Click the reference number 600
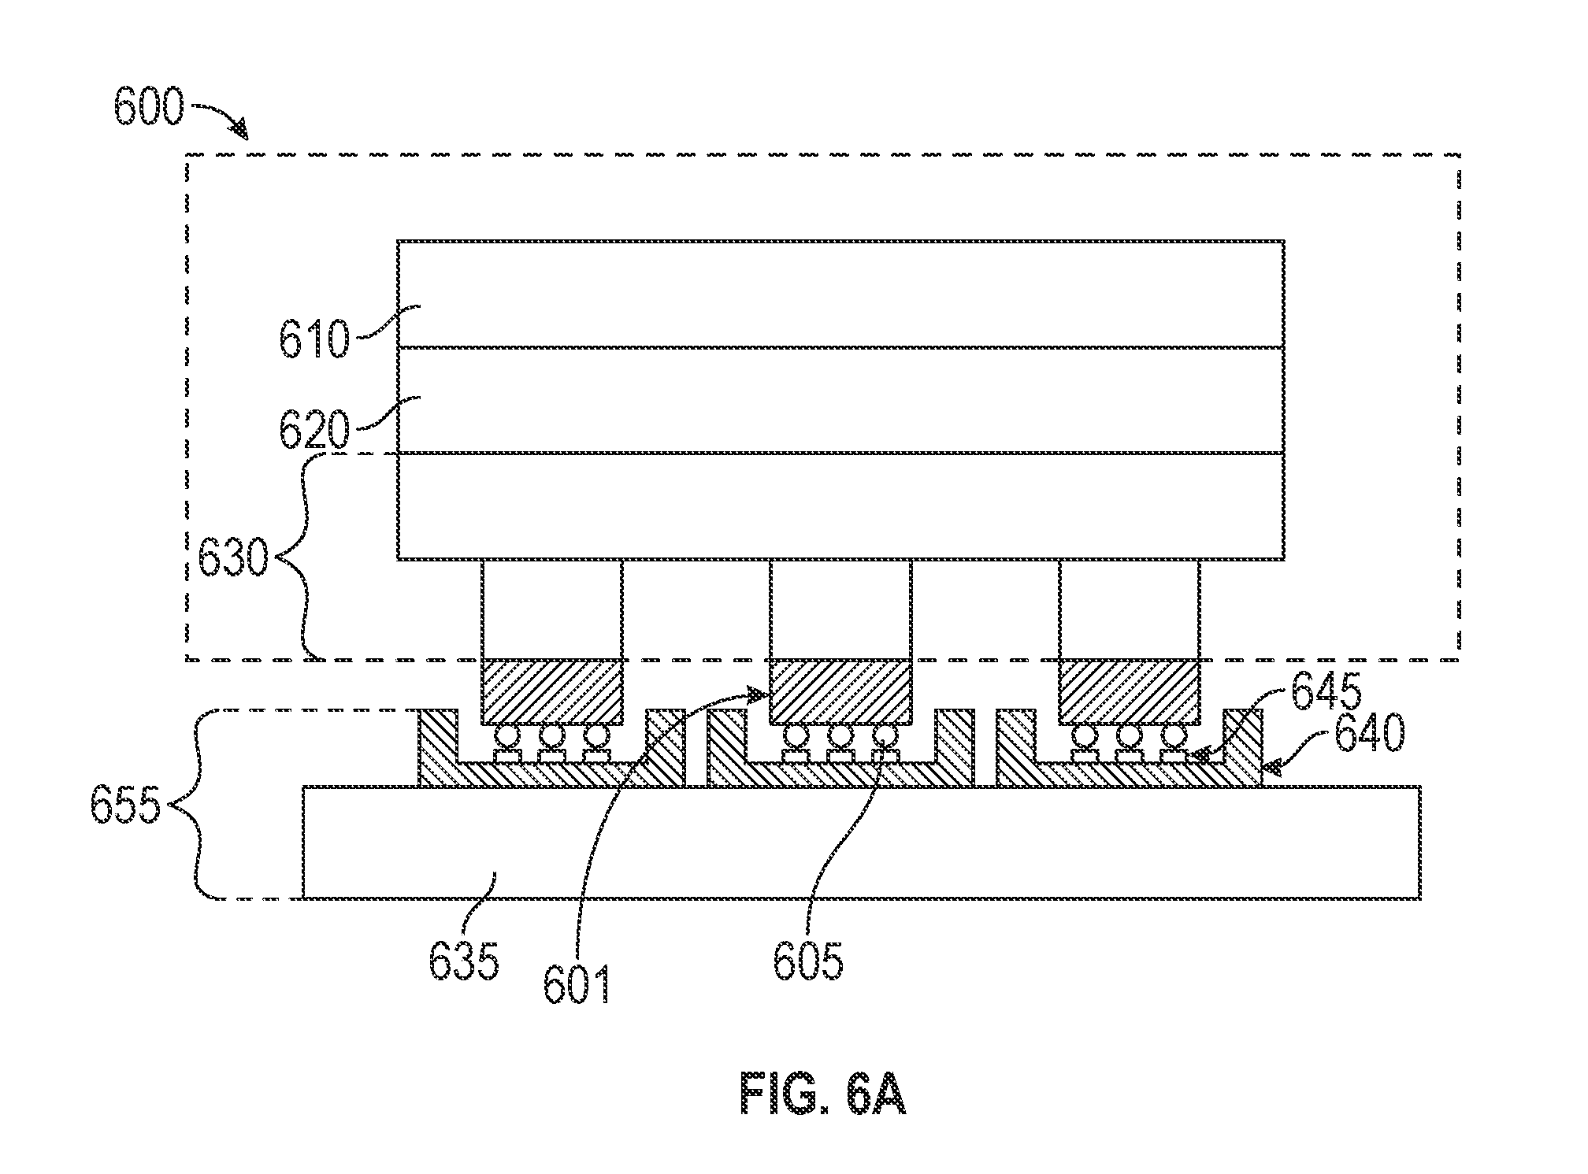149,109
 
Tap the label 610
314,339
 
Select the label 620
314,430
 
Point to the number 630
232,561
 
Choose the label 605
808,961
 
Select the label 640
1369,735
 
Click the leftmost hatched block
551,692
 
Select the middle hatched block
840,692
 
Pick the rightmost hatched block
1130,692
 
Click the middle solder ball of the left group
551,736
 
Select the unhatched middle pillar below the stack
840,609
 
